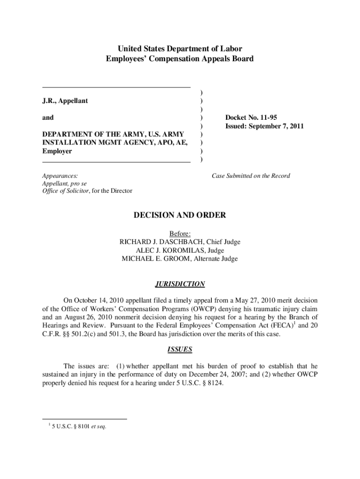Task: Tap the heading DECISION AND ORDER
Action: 180,215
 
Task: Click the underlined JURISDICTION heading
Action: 180,284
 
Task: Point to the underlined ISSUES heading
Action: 180,349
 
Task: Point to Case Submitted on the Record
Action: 251,176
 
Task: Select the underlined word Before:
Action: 180,233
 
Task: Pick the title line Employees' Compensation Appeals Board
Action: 180,59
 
